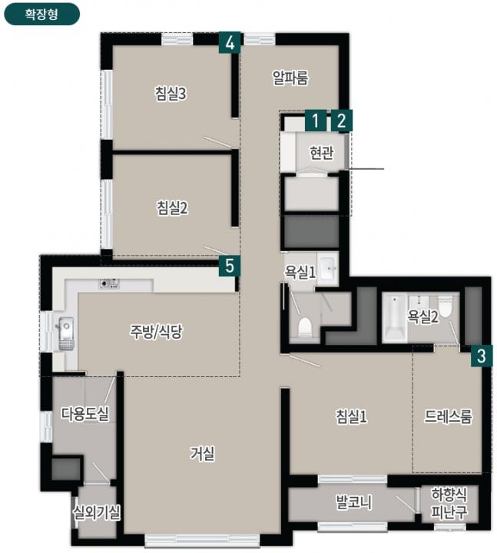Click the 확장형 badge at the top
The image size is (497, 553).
pos(41,14)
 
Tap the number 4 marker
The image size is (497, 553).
pos(230,43)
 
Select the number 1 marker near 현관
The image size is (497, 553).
pos(316,121)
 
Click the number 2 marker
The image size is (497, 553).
pos(341,121)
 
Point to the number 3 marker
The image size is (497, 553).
pos(481,356)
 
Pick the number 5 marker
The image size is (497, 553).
pos(230,266)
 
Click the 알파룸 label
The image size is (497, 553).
pos(290,78)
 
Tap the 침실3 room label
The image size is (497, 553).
pos(171,94)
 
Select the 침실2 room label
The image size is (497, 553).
pos(172,207)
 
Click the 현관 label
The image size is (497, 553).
pos(321,153)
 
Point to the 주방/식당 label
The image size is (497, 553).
pos(156,332)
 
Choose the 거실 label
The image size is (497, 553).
pos(202,454)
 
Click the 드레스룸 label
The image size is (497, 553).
pos(448,416)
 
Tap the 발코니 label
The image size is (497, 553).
pos(354,502)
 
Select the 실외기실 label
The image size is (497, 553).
pos(96,512)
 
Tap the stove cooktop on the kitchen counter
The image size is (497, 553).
pos(109,283)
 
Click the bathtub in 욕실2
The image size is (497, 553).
pos(395,318)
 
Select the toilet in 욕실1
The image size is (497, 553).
pos(305,327)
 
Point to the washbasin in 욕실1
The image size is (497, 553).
pos(327,269)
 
